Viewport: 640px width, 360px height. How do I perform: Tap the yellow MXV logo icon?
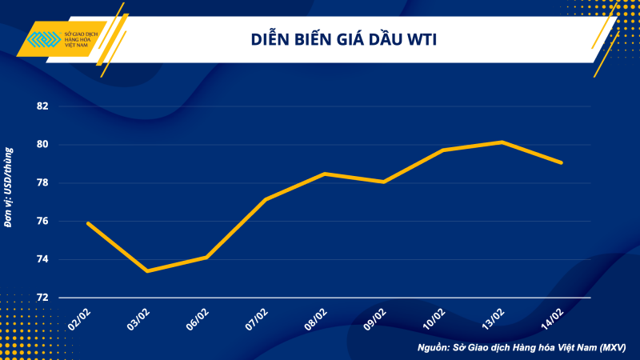point(42,40)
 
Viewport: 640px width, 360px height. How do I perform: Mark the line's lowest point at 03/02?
point(147,271)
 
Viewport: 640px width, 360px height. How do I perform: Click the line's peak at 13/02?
point(502,142)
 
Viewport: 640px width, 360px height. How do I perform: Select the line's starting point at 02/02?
point(88,223)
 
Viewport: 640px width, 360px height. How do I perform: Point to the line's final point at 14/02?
point(561,162)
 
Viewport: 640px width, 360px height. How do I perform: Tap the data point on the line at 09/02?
point(384,182)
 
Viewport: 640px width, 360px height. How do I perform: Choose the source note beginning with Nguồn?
point(521,348)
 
